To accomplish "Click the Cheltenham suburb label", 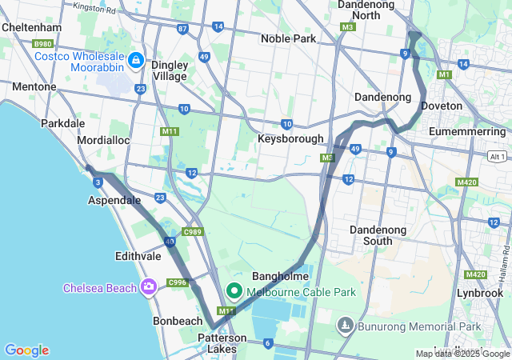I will (32, 26).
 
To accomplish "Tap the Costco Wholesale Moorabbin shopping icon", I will (136, 60).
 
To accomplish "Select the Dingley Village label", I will (169, 70).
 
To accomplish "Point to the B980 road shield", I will (42, 44).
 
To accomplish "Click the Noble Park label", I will (288, 38).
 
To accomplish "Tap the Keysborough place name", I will (290, 138).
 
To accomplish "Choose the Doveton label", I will (442, 106).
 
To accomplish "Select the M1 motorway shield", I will (445, 74).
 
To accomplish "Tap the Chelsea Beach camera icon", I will (148, 286).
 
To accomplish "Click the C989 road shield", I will (192, 232).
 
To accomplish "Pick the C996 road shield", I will (177, 282).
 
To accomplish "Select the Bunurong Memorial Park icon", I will (345, 326).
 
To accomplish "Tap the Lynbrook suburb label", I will (479, 293).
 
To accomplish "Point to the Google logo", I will (26, 350).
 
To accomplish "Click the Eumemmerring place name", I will (468, 130).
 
